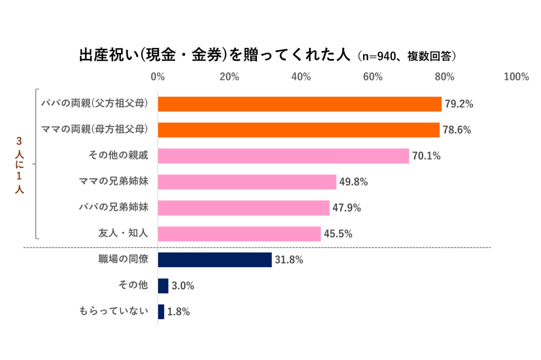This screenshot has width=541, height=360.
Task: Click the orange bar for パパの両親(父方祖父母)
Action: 299,104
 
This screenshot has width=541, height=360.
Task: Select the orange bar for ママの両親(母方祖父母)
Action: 298,130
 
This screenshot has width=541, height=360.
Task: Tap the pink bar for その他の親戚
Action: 283,156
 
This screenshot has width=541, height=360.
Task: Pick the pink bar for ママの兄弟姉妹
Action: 247,182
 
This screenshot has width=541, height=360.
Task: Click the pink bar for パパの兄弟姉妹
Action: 243,208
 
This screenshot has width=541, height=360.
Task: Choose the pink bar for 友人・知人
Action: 239,234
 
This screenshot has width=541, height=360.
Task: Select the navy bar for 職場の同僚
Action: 214,260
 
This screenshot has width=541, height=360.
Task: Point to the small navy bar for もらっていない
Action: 161,311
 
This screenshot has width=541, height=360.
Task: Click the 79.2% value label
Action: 459,104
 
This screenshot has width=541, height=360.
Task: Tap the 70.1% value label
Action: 426,156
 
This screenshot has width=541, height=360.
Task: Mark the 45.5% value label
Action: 338,234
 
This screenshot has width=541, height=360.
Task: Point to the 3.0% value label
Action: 182,286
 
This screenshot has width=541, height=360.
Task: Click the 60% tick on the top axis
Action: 372,77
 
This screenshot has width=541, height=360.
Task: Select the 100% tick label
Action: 516,77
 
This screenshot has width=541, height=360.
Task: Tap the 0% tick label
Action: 157,77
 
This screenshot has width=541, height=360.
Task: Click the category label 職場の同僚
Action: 123,259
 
